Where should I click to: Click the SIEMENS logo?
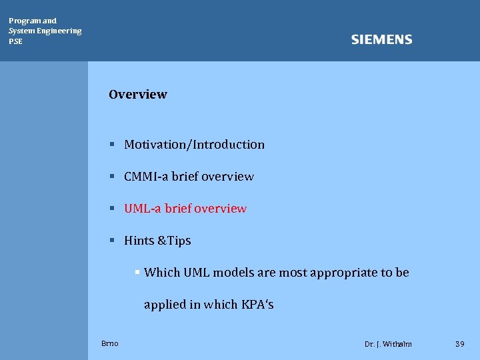381,40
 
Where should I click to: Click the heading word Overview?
138,95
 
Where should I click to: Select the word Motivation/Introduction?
194,145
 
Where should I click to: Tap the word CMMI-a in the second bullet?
146,177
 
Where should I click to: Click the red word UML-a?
142,209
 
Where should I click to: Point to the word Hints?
138,241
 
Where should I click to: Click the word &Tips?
173,241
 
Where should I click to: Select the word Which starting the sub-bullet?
162,273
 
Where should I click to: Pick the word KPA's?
257,305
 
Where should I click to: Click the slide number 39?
459,344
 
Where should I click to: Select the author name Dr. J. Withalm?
388,344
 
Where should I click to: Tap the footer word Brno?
110,343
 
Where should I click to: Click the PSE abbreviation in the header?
15,41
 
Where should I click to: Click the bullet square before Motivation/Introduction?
113,144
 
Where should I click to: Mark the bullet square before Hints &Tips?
113,240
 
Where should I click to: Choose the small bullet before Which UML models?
137,272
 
